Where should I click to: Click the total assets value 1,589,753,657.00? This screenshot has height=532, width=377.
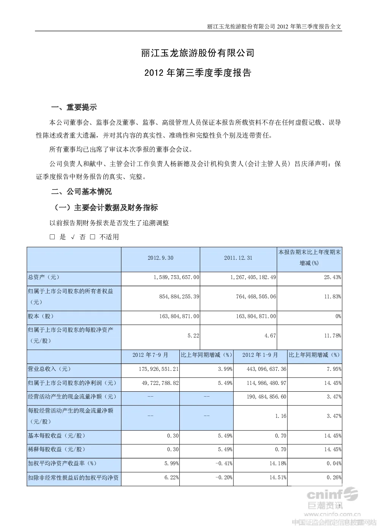coord(176,277)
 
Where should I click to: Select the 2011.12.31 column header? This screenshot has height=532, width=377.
coord(238,258)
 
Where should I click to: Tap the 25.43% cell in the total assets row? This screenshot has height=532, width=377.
coord(333,277)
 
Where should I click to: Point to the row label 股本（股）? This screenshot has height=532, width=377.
coord(41,316)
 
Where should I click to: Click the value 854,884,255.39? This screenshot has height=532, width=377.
coord(179,297)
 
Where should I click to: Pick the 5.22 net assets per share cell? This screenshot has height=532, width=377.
coord(193,336)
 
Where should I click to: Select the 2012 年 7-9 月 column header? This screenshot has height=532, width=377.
coord(150,355)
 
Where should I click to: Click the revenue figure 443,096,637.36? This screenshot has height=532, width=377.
coord(266,369)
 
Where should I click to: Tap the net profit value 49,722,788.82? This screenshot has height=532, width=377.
coord(160,383)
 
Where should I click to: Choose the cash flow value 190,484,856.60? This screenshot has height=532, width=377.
coord(266,397)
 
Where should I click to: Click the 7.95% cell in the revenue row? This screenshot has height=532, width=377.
coord(334,369)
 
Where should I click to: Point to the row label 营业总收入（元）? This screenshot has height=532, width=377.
coord(49,369)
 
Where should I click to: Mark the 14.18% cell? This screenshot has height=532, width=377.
coord(278,463)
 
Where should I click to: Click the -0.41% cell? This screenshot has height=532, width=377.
coord(224,463)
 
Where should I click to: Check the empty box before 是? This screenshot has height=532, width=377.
coord(52,237)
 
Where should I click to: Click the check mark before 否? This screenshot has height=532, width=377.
coord(73,237)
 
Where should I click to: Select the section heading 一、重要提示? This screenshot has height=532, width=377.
coord(74,107)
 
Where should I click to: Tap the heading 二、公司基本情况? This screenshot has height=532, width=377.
coord(81,191)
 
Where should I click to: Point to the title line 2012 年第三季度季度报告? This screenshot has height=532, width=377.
coord(198,73)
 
